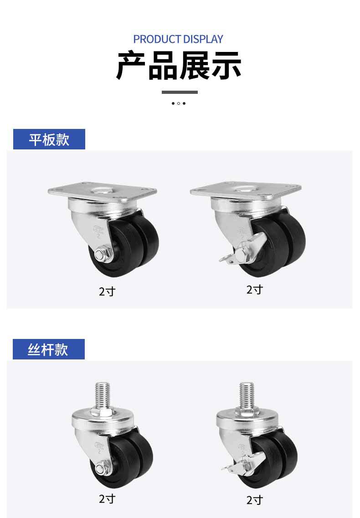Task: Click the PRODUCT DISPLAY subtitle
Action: (178, 39)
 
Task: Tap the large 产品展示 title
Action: (179, 65)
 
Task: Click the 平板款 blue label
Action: (49, 139)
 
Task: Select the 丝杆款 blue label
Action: (49, 349)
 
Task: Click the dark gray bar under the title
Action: (180, 92)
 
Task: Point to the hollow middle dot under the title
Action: (179, 103)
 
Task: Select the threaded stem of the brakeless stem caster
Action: (103, 395)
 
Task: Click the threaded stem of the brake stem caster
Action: (247, 395)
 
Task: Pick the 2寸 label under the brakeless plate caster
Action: (107, 292)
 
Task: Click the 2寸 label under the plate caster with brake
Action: (255, 290)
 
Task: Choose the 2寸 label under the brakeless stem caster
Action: (107, 498)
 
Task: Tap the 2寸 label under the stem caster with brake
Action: (255, 500)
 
